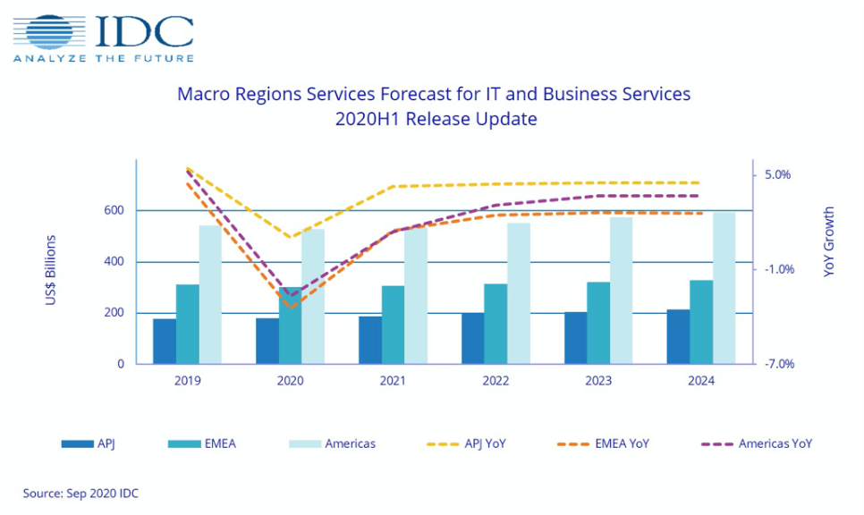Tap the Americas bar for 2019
pyautogui.click(x=210, y=295)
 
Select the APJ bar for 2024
pyautogui.click(x=678, y=337)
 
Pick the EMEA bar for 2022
pyautogui.click(x=496, y=324)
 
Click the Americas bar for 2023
pyautogui.click(x=621, y=291)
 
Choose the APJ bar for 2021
pyautogui.click(x=369, y=340)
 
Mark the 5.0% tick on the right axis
pyautogui.click(x=776, y=175)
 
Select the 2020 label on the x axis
pyautogui.click(x=290, y=381)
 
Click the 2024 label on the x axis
pyautogui.click(x=701, y=381)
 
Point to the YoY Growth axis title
pyautogui.click(x=829, y=241)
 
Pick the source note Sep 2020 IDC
pyautogui.click(x=80, y=493)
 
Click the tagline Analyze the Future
pyautogui.click(x=104, y=58)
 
